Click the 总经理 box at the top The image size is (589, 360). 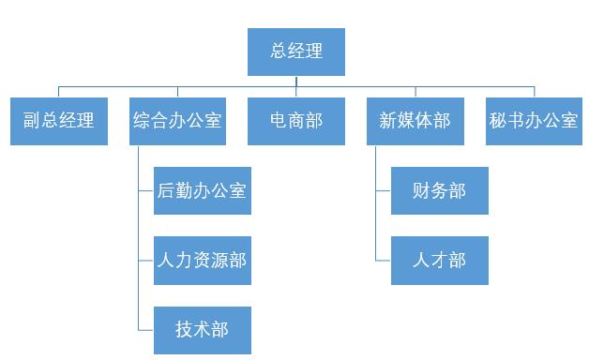(x=295, y=52)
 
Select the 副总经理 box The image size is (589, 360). (x=58, y=121)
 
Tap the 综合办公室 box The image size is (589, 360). (x=177, y=121)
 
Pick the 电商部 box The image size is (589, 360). (x=295, y=121)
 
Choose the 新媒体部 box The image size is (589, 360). (x=415, y=121)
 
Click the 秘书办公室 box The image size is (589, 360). (x=534, y=121)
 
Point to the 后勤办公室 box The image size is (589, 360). (x=202, y=190)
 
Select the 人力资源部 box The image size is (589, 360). (x=202, y=260)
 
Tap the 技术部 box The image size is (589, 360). (x=202, y=329)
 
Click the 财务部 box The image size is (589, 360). (x=439, y=190)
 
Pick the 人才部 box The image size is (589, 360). (x=439, y=260)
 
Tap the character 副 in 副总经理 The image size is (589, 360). (x=32, y=121)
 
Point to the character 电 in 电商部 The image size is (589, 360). (x=279, y=121)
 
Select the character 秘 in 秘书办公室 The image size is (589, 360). (x=498, y=121)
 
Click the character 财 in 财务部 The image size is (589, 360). (x=421, y=190)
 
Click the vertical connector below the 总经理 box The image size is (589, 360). (x=296, y=82)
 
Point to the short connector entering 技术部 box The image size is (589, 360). (x=146, y=329)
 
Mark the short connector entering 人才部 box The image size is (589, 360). (x=384, y=260)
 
